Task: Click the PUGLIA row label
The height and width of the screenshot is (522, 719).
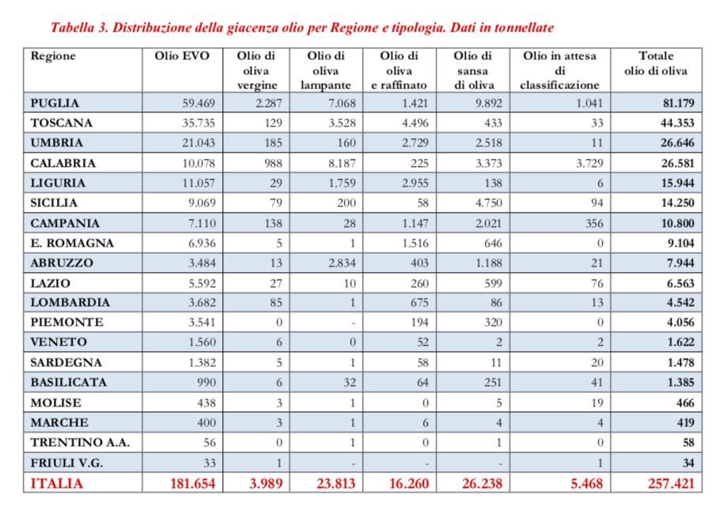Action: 55,103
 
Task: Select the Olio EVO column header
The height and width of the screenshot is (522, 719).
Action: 184,56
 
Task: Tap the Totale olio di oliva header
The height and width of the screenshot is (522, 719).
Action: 655,63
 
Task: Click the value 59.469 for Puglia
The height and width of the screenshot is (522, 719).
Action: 199,103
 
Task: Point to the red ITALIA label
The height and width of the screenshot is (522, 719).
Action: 56,482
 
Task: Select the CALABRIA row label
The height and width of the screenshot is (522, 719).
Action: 62,163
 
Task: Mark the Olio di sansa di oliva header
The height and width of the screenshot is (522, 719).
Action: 474,70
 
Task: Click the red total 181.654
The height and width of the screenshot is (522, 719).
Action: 192,482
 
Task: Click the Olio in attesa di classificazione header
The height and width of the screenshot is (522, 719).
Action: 559,70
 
